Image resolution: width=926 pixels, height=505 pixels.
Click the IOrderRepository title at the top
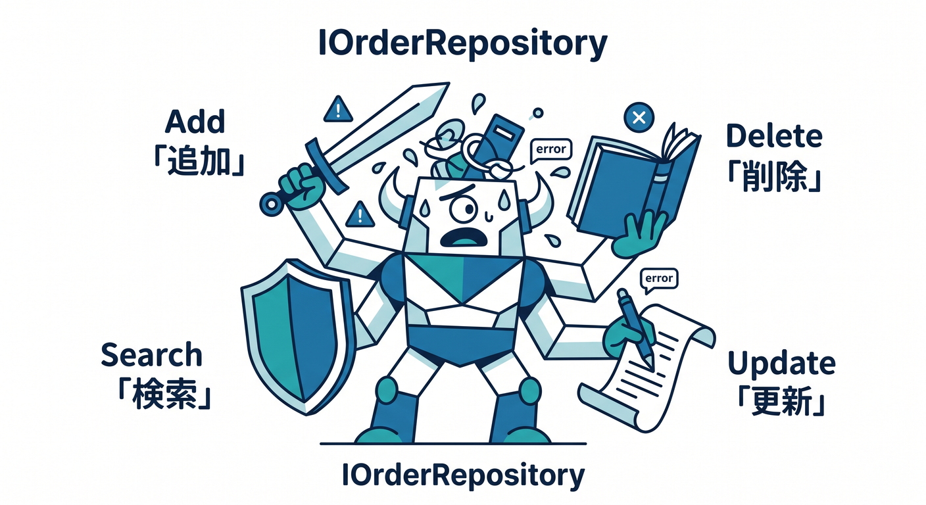(x=463, y=44)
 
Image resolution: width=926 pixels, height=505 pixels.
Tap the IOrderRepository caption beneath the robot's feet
(x=463, y=475)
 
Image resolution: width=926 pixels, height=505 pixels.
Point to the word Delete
(x=774, y=135)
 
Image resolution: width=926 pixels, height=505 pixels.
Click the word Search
(x=151, y=354)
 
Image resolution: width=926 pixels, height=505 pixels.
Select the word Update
(x=781, y=364)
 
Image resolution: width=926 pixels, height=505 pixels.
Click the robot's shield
(x=298, y=337)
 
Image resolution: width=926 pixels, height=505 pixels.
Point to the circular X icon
(x=639, y=117)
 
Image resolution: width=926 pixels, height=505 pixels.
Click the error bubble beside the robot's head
(x=550, y=150)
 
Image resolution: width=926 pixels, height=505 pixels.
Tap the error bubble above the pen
(x=659, y=279)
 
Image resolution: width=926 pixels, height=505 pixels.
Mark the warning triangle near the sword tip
(x=338, y=110)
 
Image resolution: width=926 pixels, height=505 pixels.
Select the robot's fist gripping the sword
(x=302, y=187)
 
